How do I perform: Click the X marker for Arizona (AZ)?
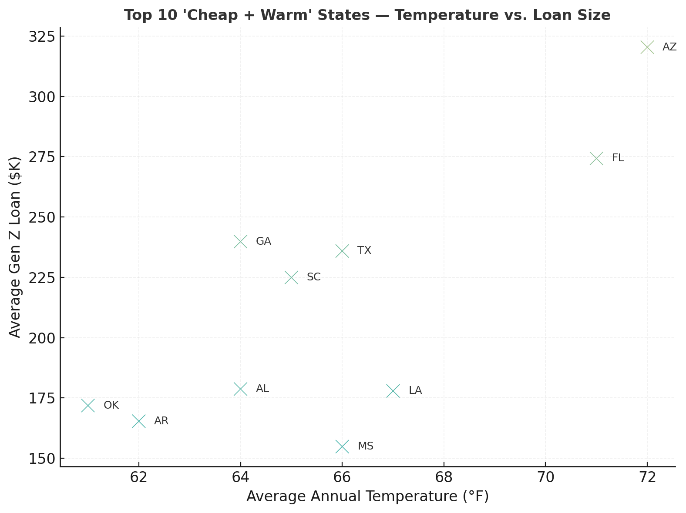pos(647,47)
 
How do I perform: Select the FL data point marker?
pos(596,159)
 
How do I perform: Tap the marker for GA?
pos(240,242)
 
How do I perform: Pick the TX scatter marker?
pos(342,251)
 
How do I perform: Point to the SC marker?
pos(291,277)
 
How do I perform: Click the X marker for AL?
pos(240,389)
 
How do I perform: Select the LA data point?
pos(393,391)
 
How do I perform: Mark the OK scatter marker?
pos(88,406)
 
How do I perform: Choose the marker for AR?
pos(139,421)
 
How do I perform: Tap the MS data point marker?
pos(342,446)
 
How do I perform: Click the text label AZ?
pos(669,47)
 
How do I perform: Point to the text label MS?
pos(365,446)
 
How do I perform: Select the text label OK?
pos(111,405)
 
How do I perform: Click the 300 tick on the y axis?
pos(42,97)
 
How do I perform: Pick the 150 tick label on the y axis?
pos(42,459)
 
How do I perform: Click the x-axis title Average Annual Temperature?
pos(367,496)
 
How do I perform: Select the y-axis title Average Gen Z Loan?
pos(15,247)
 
